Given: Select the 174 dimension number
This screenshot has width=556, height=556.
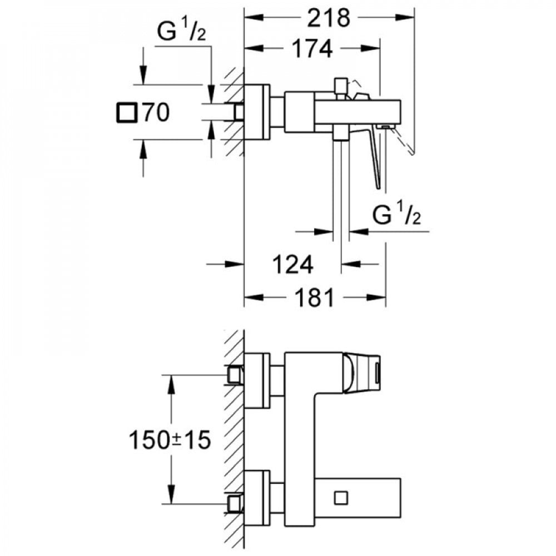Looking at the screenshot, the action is [312, 48].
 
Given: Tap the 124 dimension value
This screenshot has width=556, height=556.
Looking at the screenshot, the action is [292, 264].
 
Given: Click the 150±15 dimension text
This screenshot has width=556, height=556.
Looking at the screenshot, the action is [170, 440].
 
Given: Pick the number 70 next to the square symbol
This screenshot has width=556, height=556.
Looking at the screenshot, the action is [156, 112].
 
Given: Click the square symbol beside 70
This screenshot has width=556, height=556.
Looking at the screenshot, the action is [127, 113].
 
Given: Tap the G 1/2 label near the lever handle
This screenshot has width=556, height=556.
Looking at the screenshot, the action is [396, 215].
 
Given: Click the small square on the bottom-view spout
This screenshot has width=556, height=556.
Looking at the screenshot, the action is [341, 498].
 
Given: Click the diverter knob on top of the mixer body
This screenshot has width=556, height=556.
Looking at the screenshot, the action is [341, 85].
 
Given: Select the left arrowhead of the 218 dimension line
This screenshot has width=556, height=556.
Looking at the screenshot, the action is [254, 17].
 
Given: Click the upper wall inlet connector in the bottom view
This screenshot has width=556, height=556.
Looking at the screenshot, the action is [235, 375].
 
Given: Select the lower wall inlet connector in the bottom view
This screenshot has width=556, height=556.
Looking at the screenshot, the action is [235, 504].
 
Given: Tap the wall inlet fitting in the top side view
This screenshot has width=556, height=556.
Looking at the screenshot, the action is [239, 112].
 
